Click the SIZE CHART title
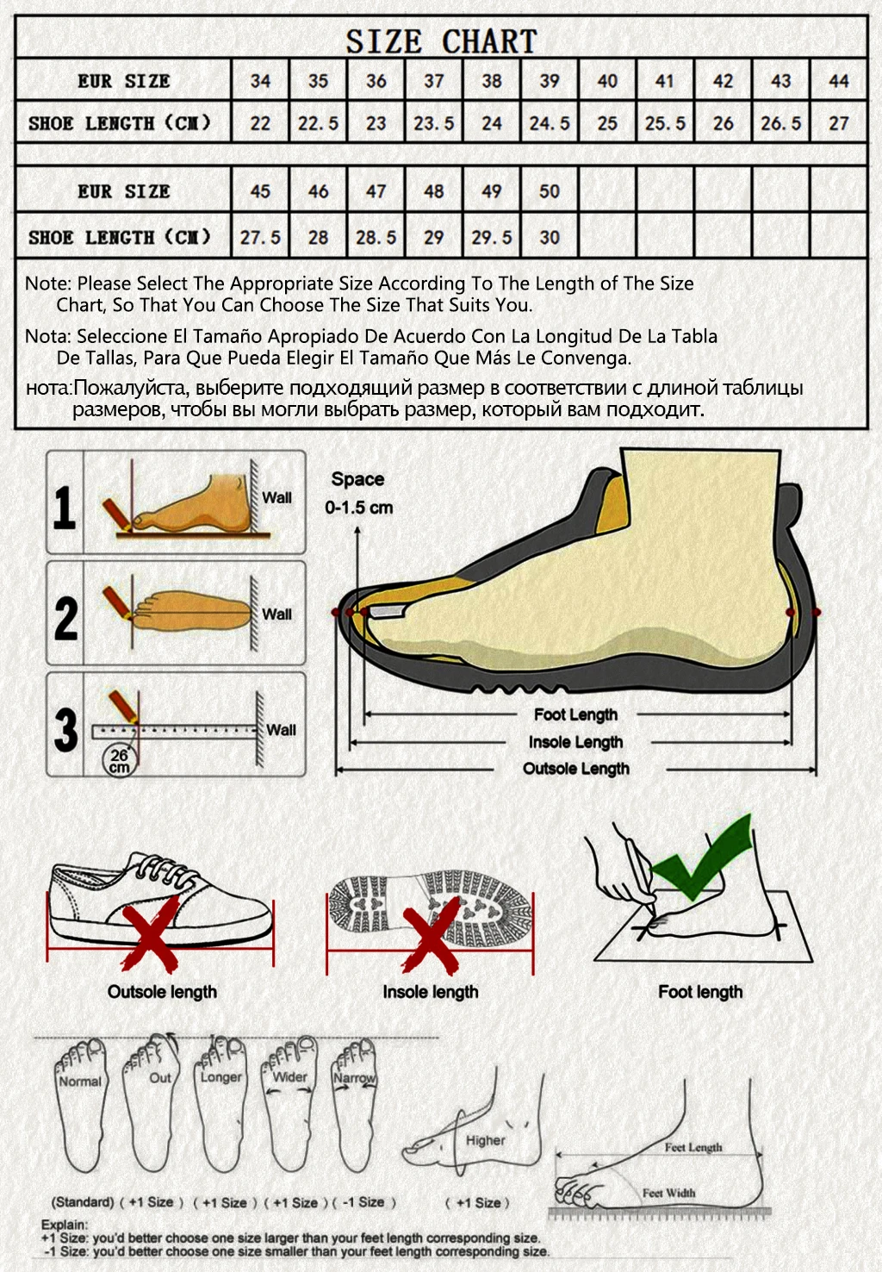click(x=441, y=41)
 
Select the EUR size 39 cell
click(x=550, y=81)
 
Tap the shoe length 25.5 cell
click(x=665, y=123)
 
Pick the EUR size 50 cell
click(x=550, y=191)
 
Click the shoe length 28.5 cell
click(x=376, y=237)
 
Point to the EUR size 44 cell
click(x=838, y=81)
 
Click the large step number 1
click(x=65, y=507)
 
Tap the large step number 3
click(x=65, y=729)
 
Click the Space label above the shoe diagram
click(x=357, y=479)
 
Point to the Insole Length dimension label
click(x=575, y=742)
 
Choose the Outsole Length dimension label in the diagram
click(x=576, y=769)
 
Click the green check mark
click(x=702, y=857)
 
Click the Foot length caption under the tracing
click(x=700, y=992)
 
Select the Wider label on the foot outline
click(x=290, y=1076)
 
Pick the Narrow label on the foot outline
click(x=354, y=1078)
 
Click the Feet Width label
click(x=668, y=1193)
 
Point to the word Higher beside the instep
click(x=486, y=1140)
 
